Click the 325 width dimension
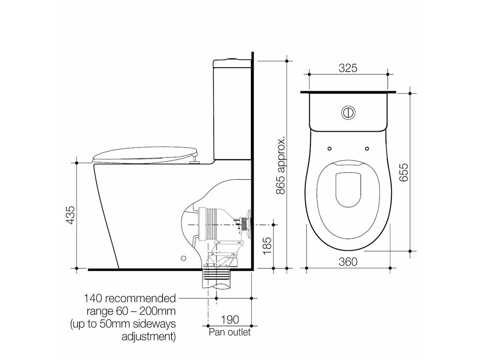348,68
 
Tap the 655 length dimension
404,172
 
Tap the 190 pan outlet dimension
230,320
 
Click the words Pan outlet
230,332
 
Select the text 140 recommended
130,298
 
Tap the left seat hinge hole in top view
329,148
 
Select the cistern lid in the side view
232,63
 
